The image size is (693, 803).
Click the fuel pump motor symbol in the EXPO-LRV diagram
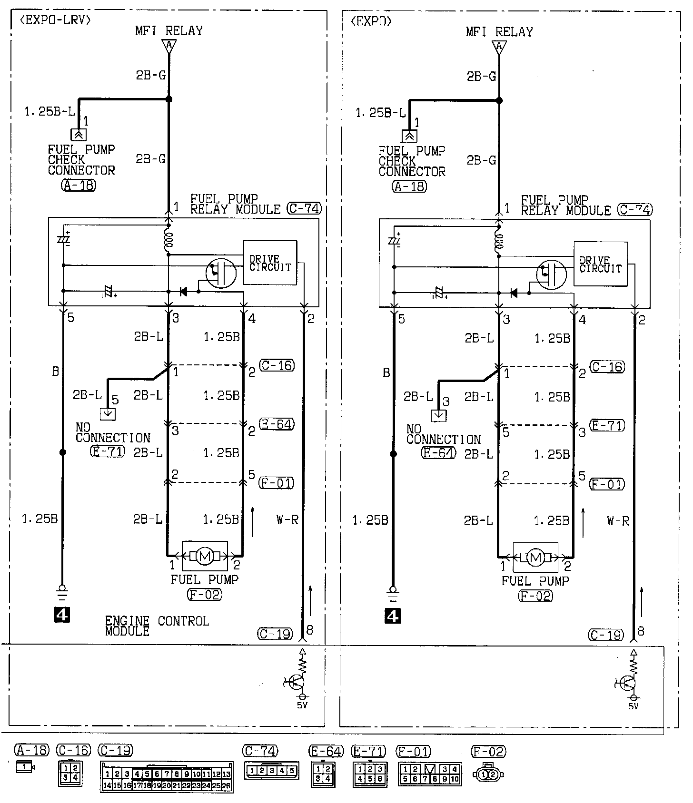(x=205, y=556)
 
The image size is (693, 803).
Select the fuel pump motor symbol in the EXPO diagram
(x=535, y=557)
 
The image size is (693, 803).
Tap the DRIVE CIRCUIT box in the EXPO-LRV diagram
(x=270, y=263)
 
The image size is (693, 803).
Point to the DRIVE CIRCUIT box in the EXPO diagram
(x=600, y=264)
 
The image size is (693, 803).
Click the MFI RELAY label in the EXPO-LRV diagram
(x=169, y=31)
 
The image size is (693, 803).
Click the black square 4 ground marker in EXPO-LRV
(x=62, y=615)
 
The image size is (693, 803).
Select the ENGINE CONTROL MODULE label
(x=157, y=626)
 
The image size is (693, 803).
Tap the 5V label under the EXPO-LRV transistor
(x=302, y=705)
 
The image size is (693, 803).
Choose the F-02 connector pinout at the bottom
(x=488, y=774)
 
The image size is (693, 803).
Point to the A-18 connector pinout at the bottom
(x=25, y=767)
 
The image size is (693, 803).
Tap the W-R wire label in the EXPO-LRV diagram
(x=287, y=519)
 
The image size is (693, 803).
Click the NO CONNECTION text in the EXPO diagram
(x=443, y=434)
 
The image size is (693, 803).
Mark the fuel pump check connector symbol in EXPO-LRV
(x=79, y=135)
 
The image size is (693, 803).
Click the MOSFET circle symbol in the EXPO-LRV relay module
(x=221, y=273)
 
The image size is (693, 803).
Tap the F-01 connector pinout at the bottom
(x=429, y=774)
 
